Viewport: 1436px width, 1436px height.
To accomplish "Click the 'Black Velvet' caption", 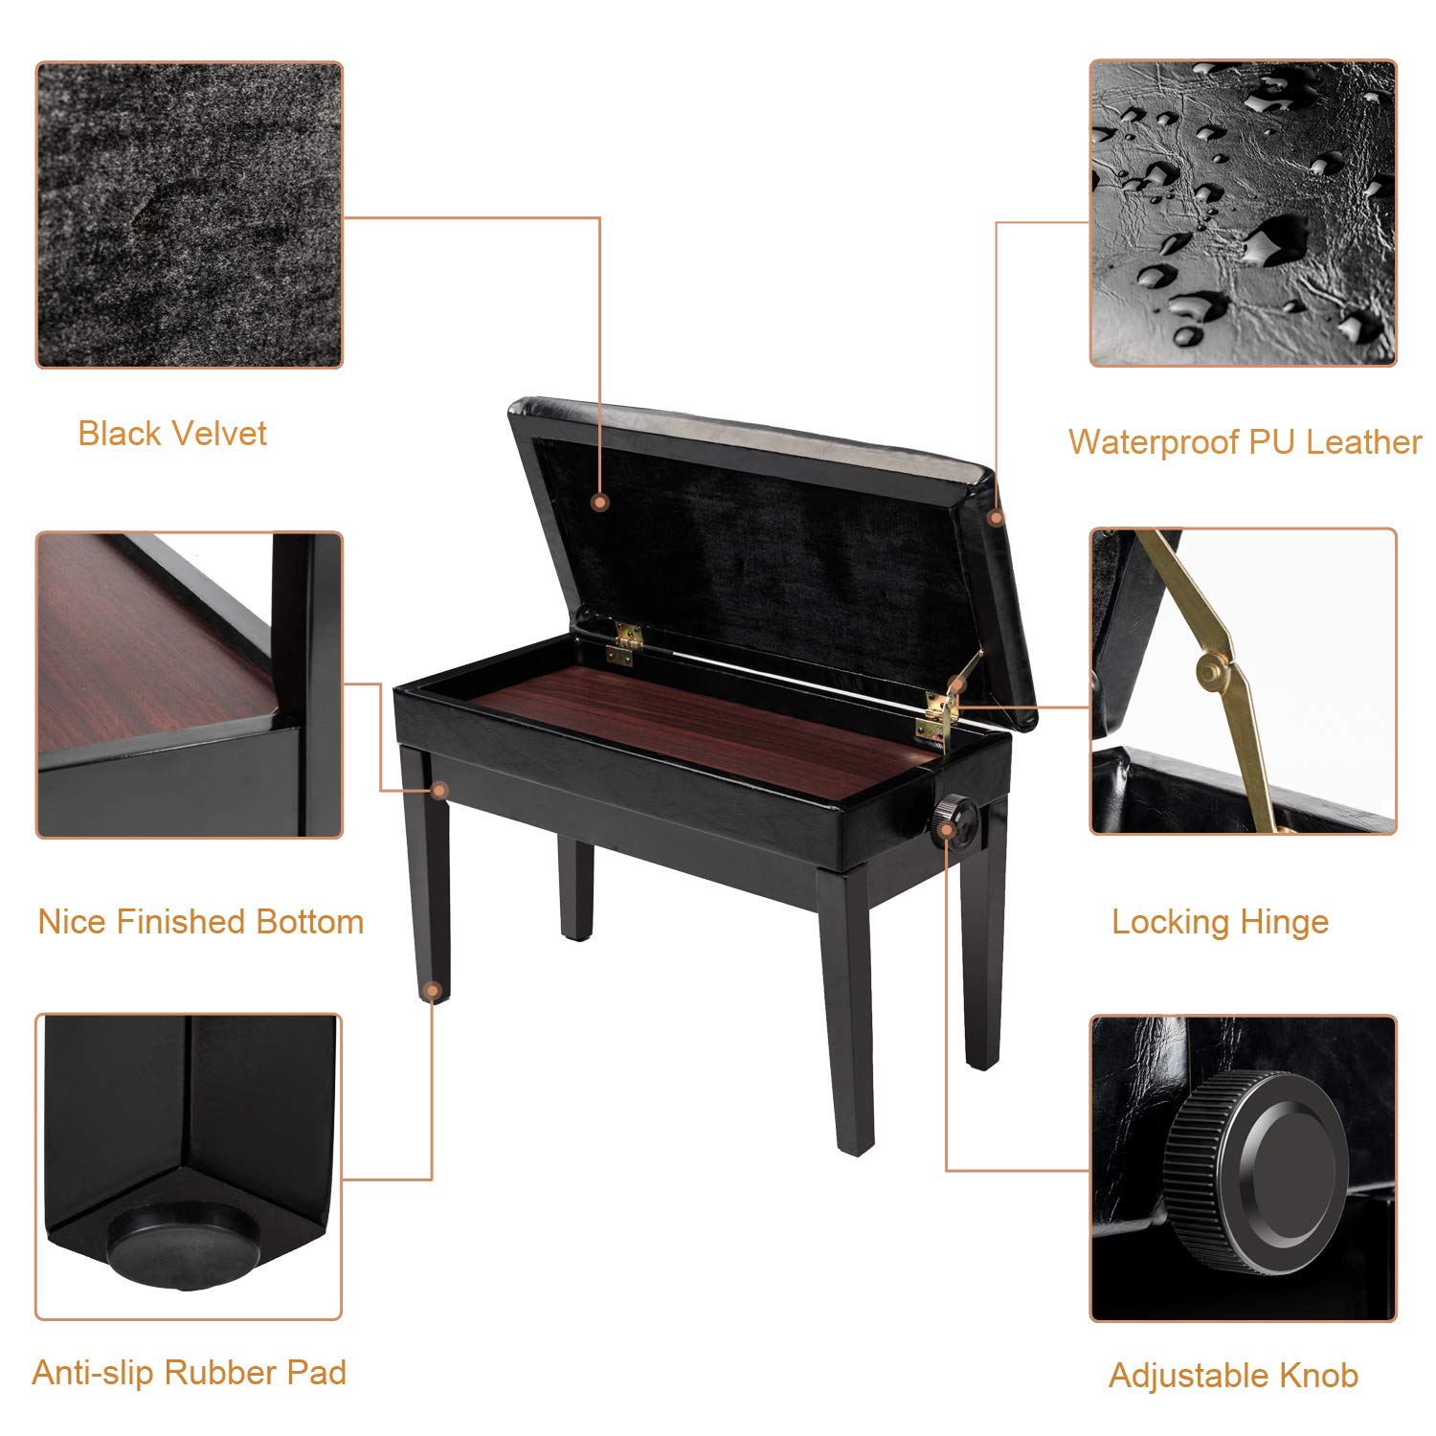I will pos(172,434).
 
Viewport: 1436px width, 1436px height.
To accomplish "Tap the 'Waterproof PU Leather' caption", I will pos(1245,442).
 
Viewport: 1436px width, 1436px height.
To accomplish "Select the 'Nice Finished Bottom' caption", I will pos(201,922).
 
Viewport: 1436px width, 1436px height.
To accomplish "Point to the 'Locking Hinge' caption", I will pos(1220,922).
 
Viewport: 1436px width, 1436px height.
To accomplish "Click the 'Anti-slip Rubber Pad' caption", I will pos(190,1373).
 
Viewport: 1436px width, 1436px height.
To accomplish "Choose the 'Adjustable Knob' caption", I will pos(1233,1376).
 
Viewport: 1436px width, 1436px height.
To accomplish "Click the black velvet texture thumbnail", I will pos(190,215).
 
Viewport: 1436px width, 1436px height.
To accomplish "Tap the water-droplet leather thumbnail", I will pos(1243,213).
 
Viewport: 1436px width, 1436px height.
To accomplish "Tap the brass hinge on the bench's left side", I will pos(625,643).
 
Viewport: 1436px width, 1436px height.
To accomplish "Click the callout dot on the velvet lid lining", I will pos(600,502).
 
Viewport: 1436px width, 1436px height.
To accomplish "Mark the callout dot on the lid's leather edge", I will pos(997,518).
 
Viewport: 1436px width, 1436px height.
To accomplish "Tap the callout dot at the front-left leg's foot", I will pos(433,991).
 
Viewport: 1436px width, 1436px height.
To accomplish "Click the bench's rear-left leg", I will pos(575,890).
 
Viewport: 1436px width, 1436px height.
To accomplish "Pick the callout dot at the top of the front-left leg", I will pos(439,791).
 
